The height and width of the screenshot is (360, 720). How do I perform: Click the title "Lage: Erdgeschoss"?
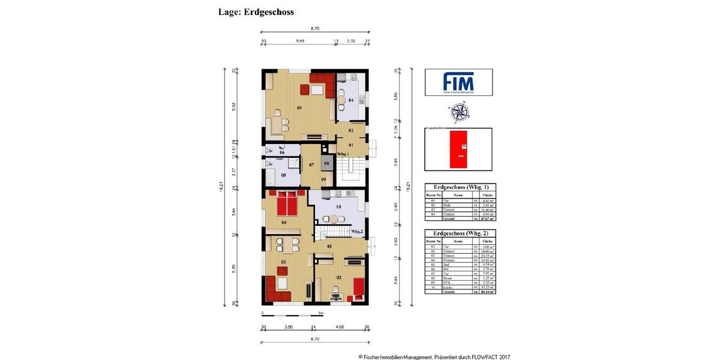pos(256,11)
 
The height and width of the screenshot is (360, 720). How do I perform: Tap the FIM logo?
pos(458,82)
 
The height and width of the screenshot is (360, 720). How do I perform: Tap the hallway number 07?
pos(311,164)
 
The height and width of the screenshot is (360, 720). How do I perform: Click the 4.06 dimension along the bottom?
pos(340,328)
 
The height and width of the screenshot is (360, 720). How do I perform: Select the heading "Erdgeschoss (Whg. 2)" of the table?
pos(458,233)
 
